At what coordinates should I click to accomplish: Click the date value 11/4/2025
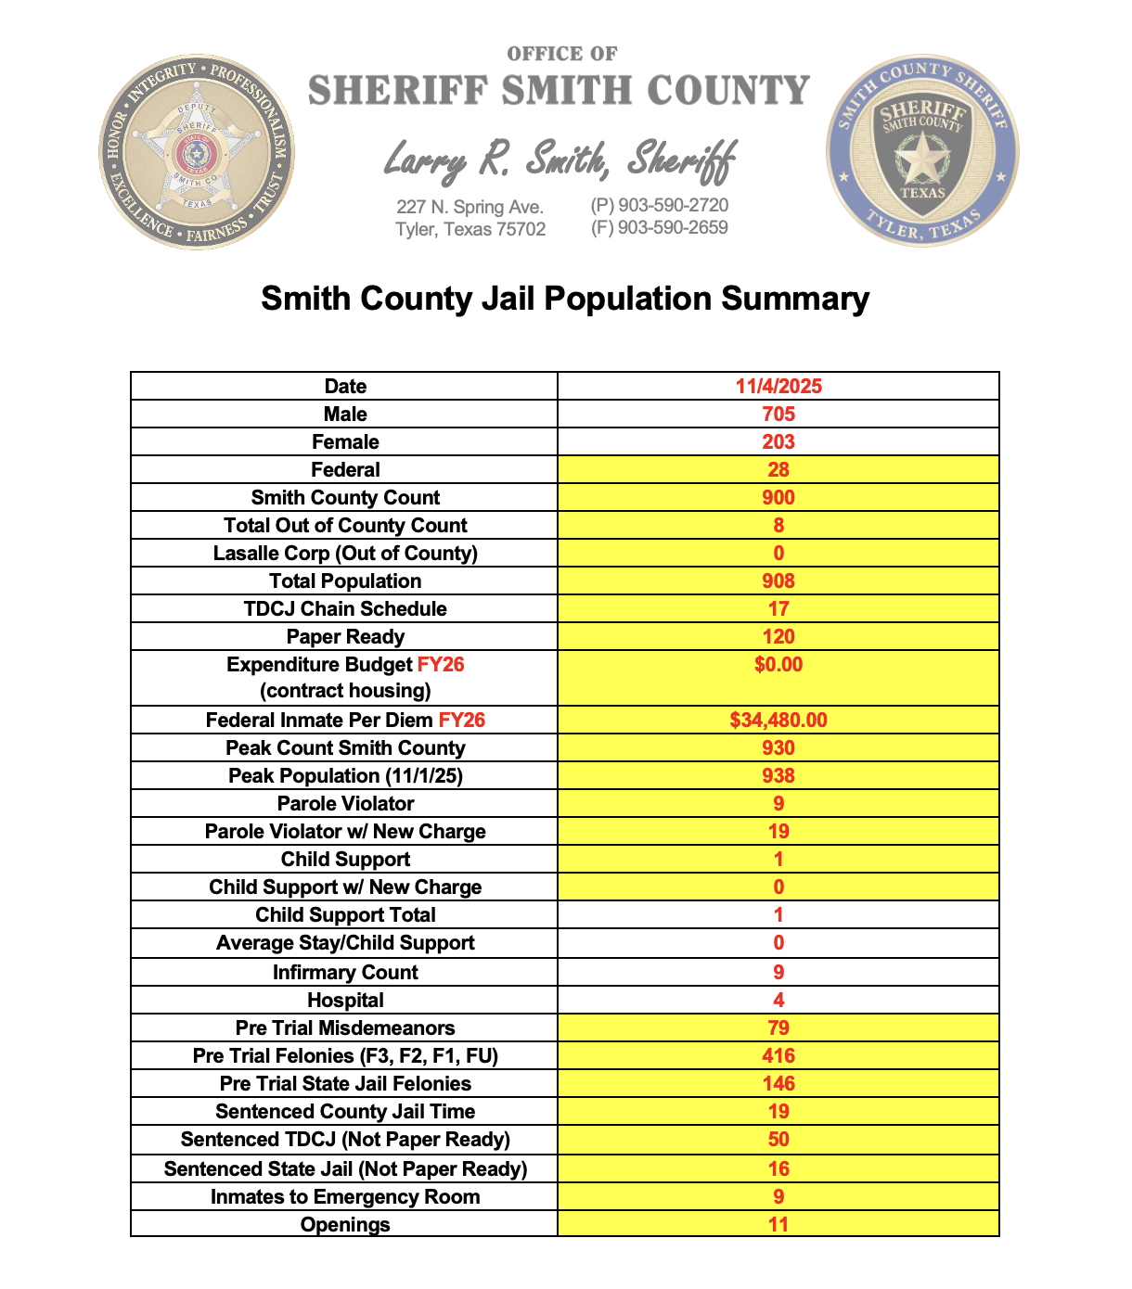pyautogui.click(x=778, y=387)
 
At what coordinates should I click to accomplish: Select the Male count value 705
pyautogui.click(x=778, y=415)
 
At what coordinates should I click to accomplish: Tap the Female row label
pyautogui.click(x=345, y=442)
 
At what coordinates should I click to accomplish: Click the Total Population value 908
pyautogui.click(x=778, y=581)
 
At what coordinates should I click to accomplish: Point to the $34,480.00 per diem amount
pyautogui.click(x=778, y=721)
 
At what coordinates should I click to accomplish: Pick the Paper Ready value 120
pyautogui.click(x=778, y=637)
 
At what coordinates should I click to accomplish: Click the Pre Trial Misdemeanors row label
pyautogui.click(x=345, y=1028)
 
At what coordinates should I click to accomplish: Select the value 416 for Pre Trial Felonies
pyautogui.click(x=778, y=1056)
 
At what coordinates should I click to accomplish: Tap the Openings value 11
pyautogui.click(x=778, y=1225)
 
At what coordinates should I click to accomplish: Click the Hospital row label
pyautogui.click(x=345, y=1001)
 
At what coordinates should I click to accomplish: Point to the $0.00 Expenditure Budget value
pyautogui.click(x=778, y=665)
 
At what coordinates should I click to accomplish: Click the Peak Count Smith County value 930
pyautogui.click(x=778, y=748)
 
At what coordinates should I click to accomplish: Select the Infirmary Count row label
pyautogui.click(x=345, y=973)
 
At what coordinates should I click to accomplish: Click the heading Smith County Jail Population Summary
pyautogui.click(x=565, y=299)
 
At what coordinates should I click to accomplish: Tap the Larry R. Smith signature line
pyautogui.click(x=560, y=160)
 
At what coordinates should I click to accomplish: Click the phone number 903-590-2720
pyautogui.click(x=660, y=206)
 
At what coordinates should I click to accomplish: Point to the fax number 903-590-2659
pyautogui.click(x=660, y=228)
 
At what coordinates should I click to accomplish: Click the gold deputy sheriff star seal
pyautogui.click(x=197, y=151)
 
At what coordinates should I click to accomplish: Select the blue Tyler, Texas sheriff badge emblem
pyautogui.click(x=922, y=150)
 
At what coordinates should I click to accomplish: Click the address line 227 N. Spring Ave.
pyautogui.click(x=470, y=207)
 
